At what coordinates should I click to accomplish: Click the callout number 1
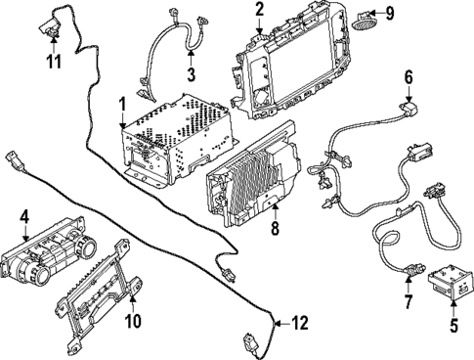[x=122, y=103]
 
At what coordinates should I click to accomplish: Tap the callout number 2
[x=260, y=10]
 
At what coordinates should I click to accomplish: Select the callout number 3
[x=192, y=75]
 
